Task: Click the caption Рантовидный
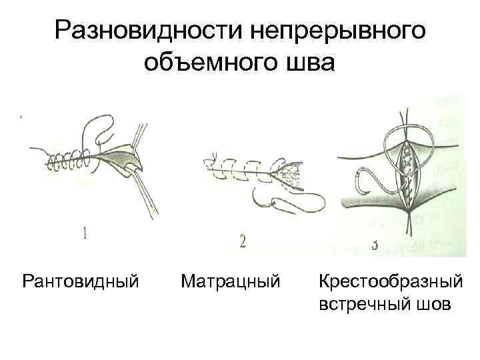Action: point(81,281)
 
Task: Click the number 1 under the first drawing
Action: point(85,233)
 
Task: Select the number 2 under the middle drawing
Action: point(242,243)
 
